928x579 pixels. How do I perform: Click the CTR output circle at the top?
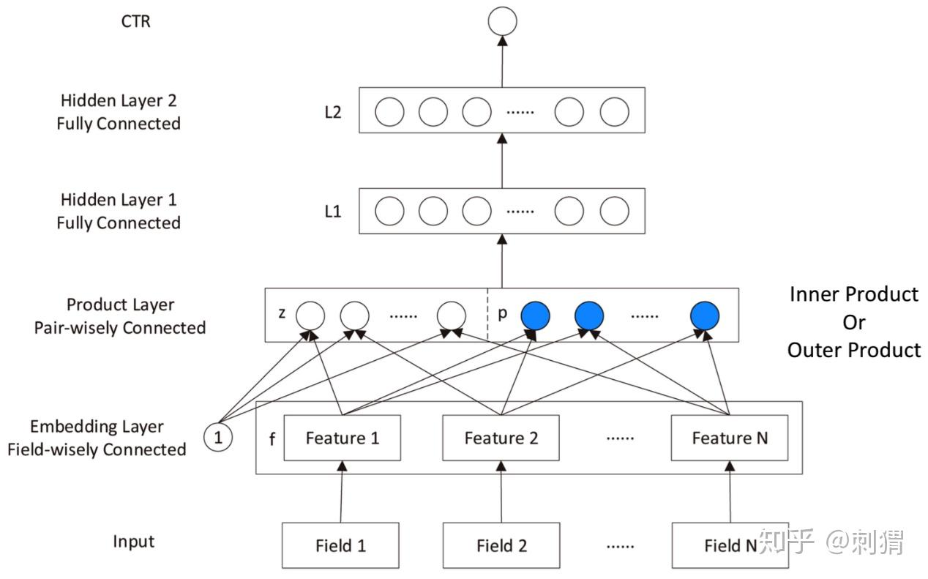(502, 21)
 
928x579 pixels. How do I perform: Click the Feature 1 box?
(342, 438)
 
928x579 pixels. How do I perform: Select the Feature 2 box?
(501, 438)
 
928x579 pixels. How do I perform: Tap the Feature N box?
(730, 438)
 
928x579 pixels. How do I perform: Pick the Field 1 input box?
(340, 545)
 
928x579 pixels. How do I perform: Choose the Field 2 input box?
(501, 545)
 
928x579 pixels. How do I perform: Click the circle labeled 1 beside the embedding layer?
(218, 438)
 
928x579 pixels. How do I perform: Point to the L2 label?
(332, 113)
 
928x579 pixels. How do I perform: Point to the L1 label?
(332, 212)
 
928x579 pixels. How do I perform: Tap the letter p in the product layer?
(502, 313)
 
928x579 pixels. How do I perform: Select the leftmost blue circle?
(535, 316)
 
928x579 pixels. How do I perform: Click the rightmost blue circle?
(705, 316)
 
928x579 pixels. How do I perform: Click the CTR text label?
(136, 21)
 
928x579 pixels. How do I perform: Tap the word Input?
(134, 542)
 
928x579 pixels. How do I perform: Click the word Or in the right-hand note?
(853, 322)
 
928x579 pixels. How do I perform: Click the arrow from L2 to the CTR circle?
(502, 62)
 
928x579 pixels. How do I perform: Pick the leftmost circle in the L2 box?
(389, 112)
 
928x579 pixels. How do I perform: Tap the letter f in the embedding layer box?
(272, 440)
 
